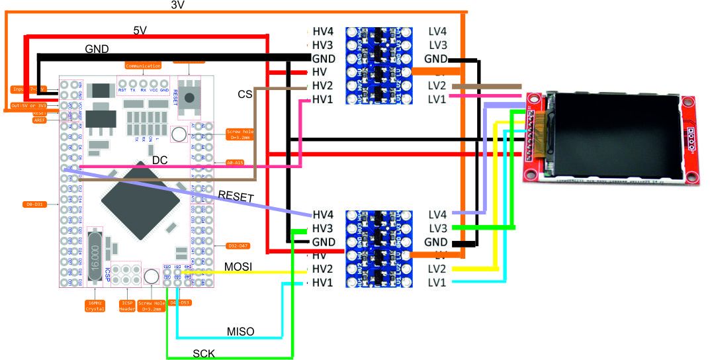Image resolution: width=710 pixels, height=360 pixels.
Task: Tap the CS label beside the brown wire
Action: (x=245, y=95)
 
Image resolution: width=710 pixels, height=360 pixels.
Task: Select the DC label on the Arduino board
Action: (x=160, y=160)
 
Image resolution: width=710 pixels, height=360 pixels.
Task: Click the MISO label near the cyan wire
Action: (x=241, y=330)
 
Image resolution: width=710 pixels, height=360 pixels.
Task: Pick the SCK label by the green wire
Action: (x=204, y=353)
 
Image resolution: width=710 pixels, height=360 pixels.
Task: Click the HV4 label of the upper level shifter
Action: (x=323, y=32)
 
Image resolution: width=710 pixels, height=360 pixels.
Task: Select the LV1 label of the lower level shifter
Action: (x=437, y=283)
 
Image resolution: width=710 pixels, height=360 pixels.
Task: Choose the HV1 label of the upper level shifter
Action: (x=323, y=99)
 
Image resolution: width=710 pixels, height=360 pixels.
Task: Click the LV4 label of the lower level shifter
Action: (x=437, y=214)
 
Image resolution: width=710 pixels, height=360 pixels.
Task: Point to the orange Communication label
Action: (x=143, y=66)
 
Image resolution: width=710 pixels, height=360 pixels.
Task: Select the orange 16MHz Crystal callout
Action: (x=95, y=305)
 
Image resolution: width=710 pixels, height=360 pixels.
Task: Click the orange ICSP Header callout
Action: (x=126, y=305)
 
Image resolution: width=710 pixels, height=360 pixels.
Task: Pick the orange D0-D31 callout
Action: (x=34, y=204)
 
